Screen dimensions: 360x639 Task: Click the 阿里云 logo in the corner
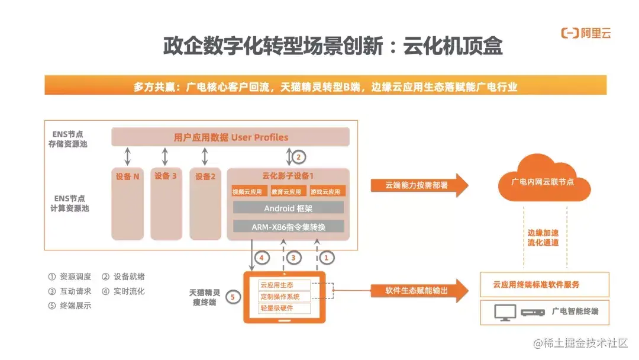coord(586,33)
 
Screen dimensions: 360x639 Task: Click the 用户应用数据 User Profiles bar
coord(231,137)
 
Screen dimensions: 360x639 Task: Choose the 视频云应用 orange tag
coord(247,192)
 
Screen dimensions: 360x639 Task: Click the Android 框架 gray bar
coord(288,208)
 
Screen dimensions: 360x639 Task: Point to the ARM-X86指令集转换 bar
coord(288,226)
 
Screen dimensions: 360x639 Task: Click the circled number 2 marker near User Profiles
coord(299,157)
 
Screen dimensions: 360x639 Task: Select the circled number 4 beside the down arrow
coord(262,258)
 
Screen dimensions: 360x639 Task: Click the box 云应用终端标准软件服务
coord(544,284)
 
